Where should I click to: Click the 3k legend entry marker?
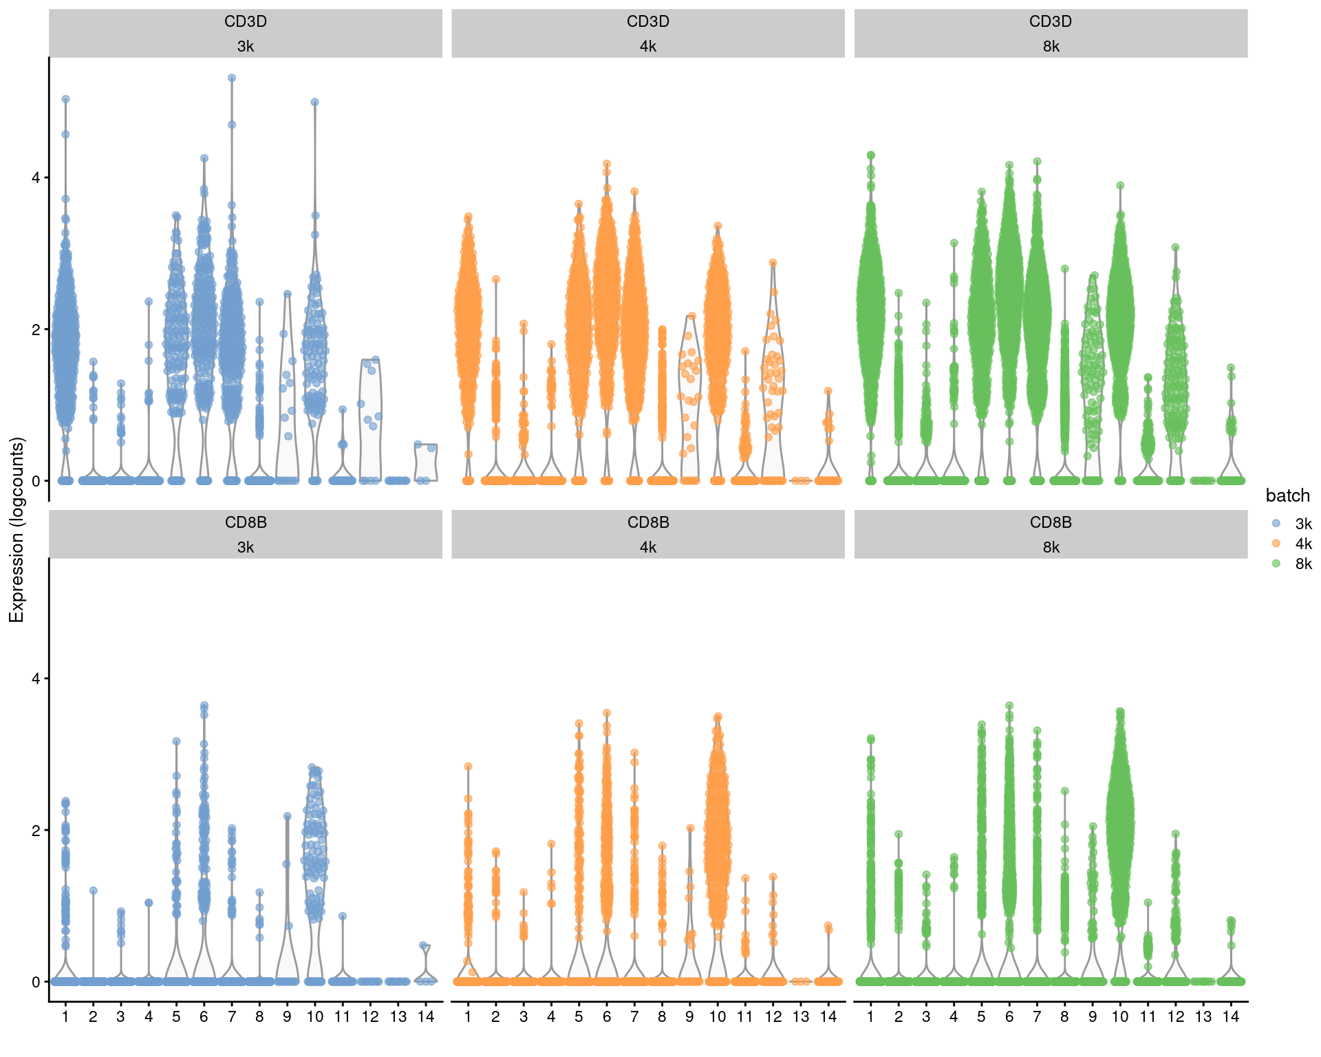tap(1276, 524)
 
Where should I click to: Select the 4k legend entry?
tap(1276, 544)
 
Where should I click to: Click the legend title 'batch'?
tap(1287, 495)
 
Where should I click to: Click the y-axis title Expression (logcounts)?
tap(17, 530)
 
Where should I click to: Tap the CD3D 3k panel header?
tap(246, 33)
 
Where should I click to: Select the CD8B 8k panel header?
tap(1051, 534)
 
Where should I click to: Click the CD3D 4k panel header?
tap(647, 33)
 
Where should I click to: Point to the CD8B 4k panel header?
tap(647, 534)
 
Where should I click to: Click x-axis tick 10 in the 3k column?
tap(314, 1017)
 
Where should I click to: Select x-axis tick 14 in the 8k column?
tap(1231, 1017)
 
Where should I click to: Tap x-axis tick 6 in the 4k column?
tap(606, 1017)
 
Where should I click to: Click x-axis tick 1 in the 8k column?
tap(870, 1017)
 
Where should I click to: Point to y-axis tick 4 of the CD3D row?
tap(36, 178)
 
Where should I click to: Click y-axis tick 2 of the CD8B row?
tap(36, 830)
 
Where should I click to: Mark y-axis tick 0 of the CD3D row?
tap(36, 480)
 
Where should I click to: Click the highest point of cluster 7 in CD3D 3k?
tap(232, 78)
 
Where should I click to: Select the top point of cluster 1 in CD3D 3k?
tap(65, 99)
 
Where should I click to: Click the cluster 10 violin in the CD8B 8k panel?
tap(1120, 826)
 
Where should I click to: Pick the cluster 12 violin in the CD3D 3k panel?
tap(370, 420)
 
